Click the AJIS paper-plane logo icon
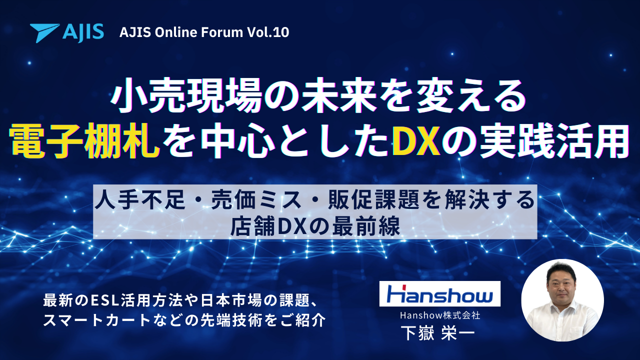[45, 32]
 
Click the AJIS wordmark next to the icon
[83, 32]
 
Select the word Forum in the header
[224, 32]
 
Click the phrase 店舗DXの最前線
[315, 226]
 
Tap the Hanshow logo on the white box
[440, 294]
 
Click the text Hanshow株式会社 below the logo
[440, 315]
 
